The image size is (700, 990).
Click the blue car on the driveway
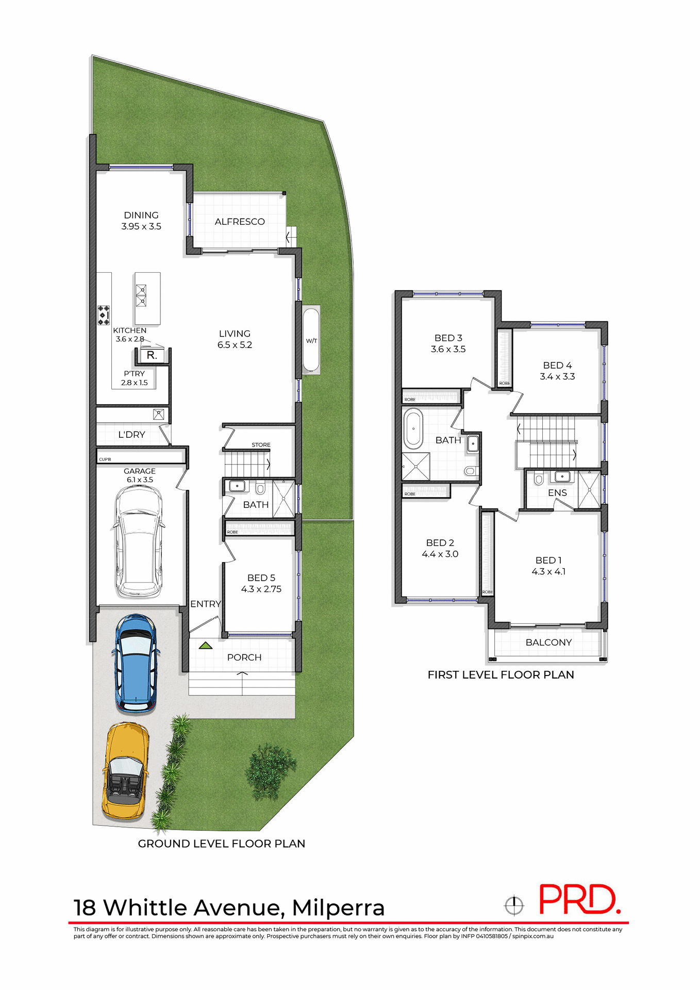[x=136, y=663]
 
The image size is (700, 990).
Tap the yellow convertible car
[x=126, y=770]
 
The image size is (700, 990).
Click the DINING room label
[x=141, y=215]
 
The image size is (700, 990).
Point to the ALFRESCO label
[x=240, y=222]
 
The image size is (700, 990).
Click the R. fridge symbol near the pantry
[x=152, y=355]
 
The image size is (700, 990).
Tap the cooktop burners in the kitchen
[x=104, y=315]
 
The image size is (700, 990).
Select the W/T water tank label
[x=311, y=341]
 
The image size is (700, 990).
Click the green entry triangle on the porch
[x=206, y=645]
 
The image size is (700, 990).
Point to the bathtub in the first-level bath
[x=413, y=428]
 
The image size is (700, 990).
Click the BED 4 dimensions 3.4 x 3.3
[x=557, y=377]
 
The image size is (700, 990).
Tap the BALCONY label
[x=548, y=642]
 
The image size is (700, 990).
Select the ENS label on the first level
[x=557, y=493]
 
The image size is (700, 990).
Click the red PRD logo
[x=579, y=900]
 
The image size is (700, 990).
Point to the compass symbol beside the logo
[x=514, y=905]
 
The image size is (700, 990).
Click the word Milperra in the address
[x=338, y=908]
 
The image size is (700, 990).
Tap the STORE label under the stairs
[x=261, y=444]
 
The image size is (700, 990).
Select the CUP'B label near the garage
[x=105, y=459]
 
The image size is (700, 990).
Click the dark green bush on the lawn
[x=270, y=771]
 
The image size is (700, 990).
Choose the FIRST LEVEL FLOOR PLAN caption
[x=501, y=675]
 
